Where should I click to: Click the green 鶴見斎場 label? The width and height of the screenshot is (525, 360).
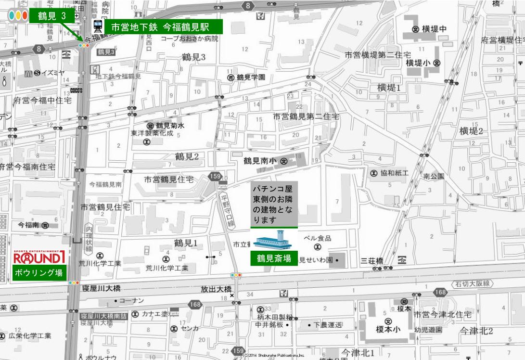tap(274, 258)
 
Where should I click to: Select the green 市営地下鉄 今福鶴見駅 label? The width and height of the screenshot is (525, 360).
tap(164, 27)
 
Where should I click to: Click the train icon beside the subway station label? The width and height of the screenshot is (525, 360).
tap(98, 26)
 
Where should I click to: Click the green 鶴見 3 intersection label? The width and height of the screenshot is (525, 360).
tap(51, 15)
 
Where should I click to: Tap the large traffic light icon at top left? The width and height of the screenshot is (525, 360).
tap(18, 15)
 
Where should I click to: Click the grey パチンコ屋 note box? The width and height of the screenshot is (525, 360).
tap(274, 203)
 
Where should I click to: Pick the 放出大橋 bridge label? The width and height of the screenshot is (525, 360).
tap(216, 289)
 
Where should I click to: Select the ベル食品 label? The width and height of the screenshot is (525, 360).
tap(317, 238)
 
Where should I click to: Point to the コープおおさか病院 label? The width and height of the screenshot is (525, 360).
tap(189, 39)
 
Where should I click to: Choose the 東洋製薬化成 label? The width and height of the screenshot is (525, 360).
tap(152, 133)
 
